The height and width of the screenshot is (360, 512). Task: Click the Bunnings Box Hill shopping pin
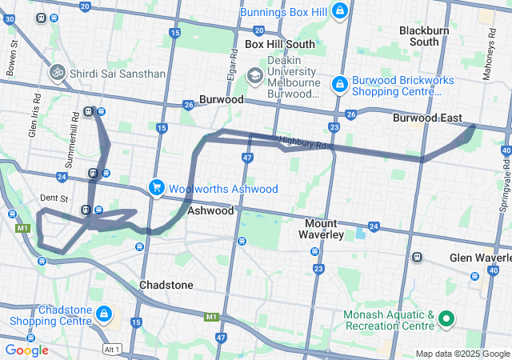click(340, 11)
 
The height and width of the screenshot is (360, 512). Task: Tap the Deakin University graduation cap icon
click(254, 77)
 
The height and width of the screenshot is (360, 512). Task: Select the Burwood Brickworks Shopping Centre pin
click(339, 83)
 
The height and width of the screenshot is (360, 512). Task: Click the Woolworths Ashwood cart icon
click(156, 188)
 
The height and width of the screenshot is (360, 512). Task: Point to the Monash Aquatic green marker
click(446, 321)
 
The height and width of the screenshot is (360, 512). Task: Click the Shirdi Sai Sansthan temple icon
click(57, 74)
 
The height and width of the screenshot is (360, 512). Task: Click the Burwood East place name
click(427, 118)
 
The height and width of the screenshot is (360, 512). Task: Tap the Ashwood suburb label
click(210, 211)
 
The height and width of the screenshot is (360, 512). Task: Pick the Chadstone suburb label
click(166, 285)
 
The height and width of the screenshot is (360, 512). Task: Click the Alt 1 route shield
click(112, 350)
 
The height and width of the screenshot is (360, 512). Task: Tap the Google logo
click(26, 350)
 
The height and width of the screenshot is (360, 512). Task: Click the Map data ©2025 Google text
click(462, 354)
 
